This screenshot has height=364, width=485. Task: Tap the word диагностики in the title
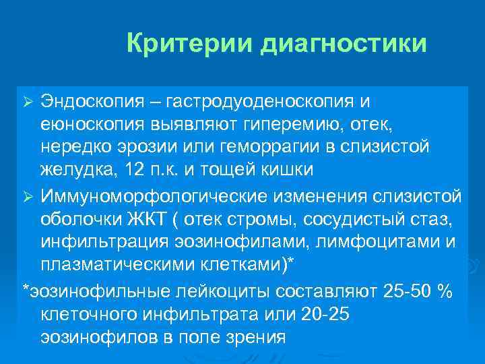342,44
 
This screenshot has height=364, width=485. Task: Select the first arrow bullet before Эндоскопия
28,101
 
